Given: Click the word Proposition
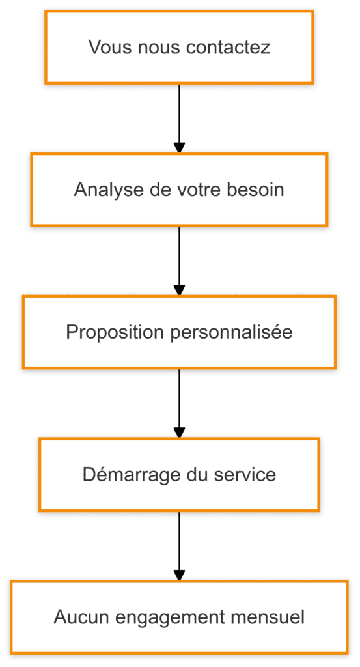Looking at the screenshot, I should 115,332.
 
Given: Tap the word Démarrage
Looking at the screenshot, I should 124,474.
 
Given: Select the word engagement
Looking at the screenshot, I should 163,617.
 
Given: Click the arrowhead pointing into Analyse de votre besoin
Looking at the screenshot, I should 179,149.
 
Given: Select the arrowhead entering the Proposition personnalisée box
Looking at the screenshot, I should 179,291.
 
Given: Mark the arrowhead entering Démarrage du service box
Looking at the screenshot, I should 179,433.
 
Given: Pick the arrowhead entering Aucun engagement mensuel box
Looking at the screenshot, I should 179,575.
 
